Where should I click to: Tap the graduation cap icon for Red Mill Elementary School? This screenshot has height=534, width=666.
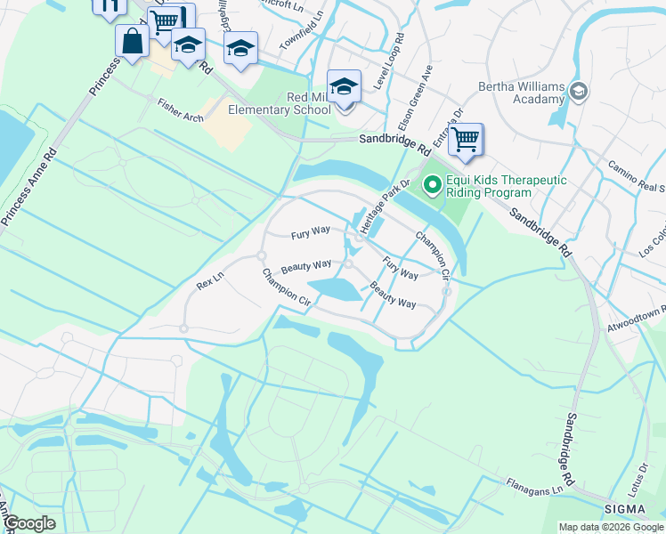(344, 87)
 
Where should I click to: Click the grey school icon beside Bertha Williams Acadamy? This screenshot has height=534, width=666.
(579, 91)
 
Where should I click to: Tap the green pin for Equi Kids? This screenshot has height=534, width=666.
(433, 185)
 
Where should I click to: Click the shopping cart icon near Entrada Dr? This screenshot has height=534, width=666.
(465, 140)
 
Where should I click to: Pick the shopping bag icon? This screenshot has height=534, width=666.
(132, 41)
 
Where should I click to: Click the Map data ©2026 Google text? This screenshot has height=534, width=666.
(611, 527)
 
